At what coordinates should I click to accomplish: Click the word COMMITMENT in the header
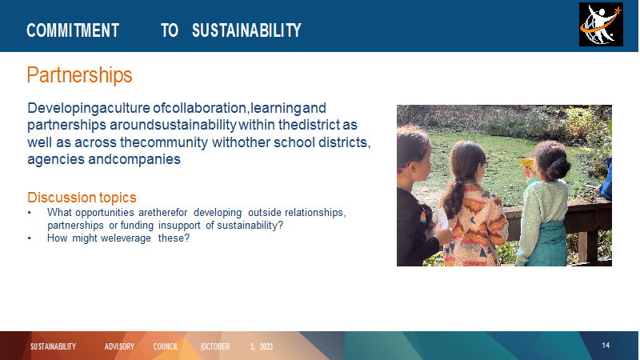click(73, 30)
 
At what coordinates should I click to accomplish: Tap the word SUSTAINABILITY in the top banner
click(246, 30)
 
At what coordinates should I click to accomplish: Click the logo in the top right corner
click(601, 25)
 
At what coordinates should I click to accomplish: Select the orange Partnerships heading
click(79, 75)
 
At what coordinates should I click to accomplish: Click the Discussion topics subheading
click(82, 198)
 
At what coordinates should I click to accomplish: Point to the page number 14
click(606, 346)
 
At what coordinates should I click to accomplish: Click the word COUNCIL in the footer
click(166, 346)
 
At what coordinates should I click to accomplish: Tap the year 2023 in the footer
click(266, 346)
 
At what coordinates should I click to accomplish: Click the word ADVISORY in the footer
click(119, 346)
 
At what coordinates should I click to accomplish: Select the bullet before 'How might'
click(30, 238)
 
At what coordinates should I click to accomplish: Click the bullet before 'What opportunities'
click(30, 213)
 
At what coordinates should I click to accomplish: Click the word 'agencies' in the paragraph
click(56, 159)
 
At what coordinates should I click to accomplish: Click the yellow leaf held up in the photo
click(526, 163)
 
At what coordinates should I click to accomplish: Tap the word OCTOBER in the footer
click(215, 346)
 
